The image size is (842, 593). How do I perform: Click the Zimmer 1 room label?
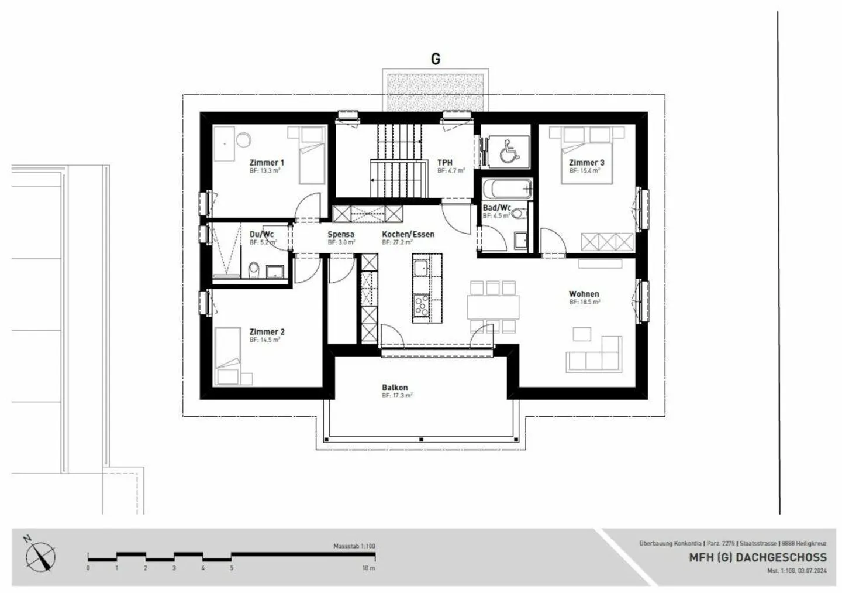[267, 163]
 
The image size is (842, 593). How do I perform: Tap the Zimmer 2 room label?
[267, 331]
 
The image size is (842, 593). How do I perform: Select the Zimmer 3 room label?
[586, 163]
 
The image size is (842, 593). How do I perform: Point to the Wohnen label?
[584, 294]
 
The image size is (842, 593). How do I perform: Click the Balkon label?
[395, 388]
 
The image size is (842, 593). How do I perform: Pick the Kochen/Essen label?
[408, 234]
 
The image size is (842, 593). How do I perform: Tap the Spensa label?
[340, 234]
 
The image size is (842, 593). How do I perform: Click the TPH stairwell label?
[445, 163]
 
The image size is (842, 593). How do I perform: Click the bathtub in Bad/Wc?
[507, 189]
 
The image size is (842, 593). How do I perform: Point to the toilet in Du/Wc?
[254, 269]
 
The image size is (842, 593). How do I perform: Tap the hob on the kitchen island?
[420, 304]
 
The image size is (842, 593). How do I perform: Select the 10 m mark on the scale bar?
[368, 568]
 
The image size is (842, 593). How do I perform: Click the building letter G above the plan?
[436, 59]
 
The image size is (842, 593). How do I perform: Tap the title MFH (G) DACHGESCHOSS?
[758, 557]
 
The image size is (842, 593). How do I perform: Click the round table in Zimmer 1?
[243, 139]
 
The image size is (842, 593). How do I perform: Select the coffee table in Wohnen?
[582, 334]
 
